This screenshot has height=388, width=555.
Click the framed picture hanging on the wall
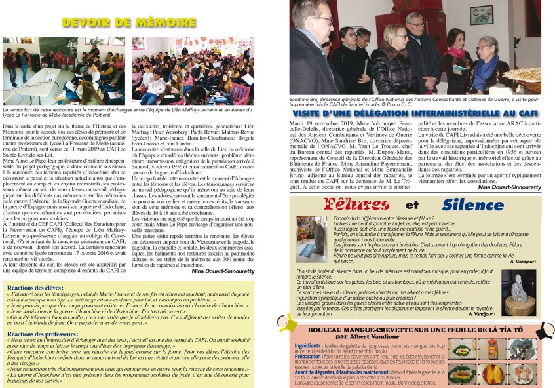click(x=481, y=14)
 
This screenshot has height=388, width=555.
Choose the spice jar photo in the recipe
click(x=492, y=349)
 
